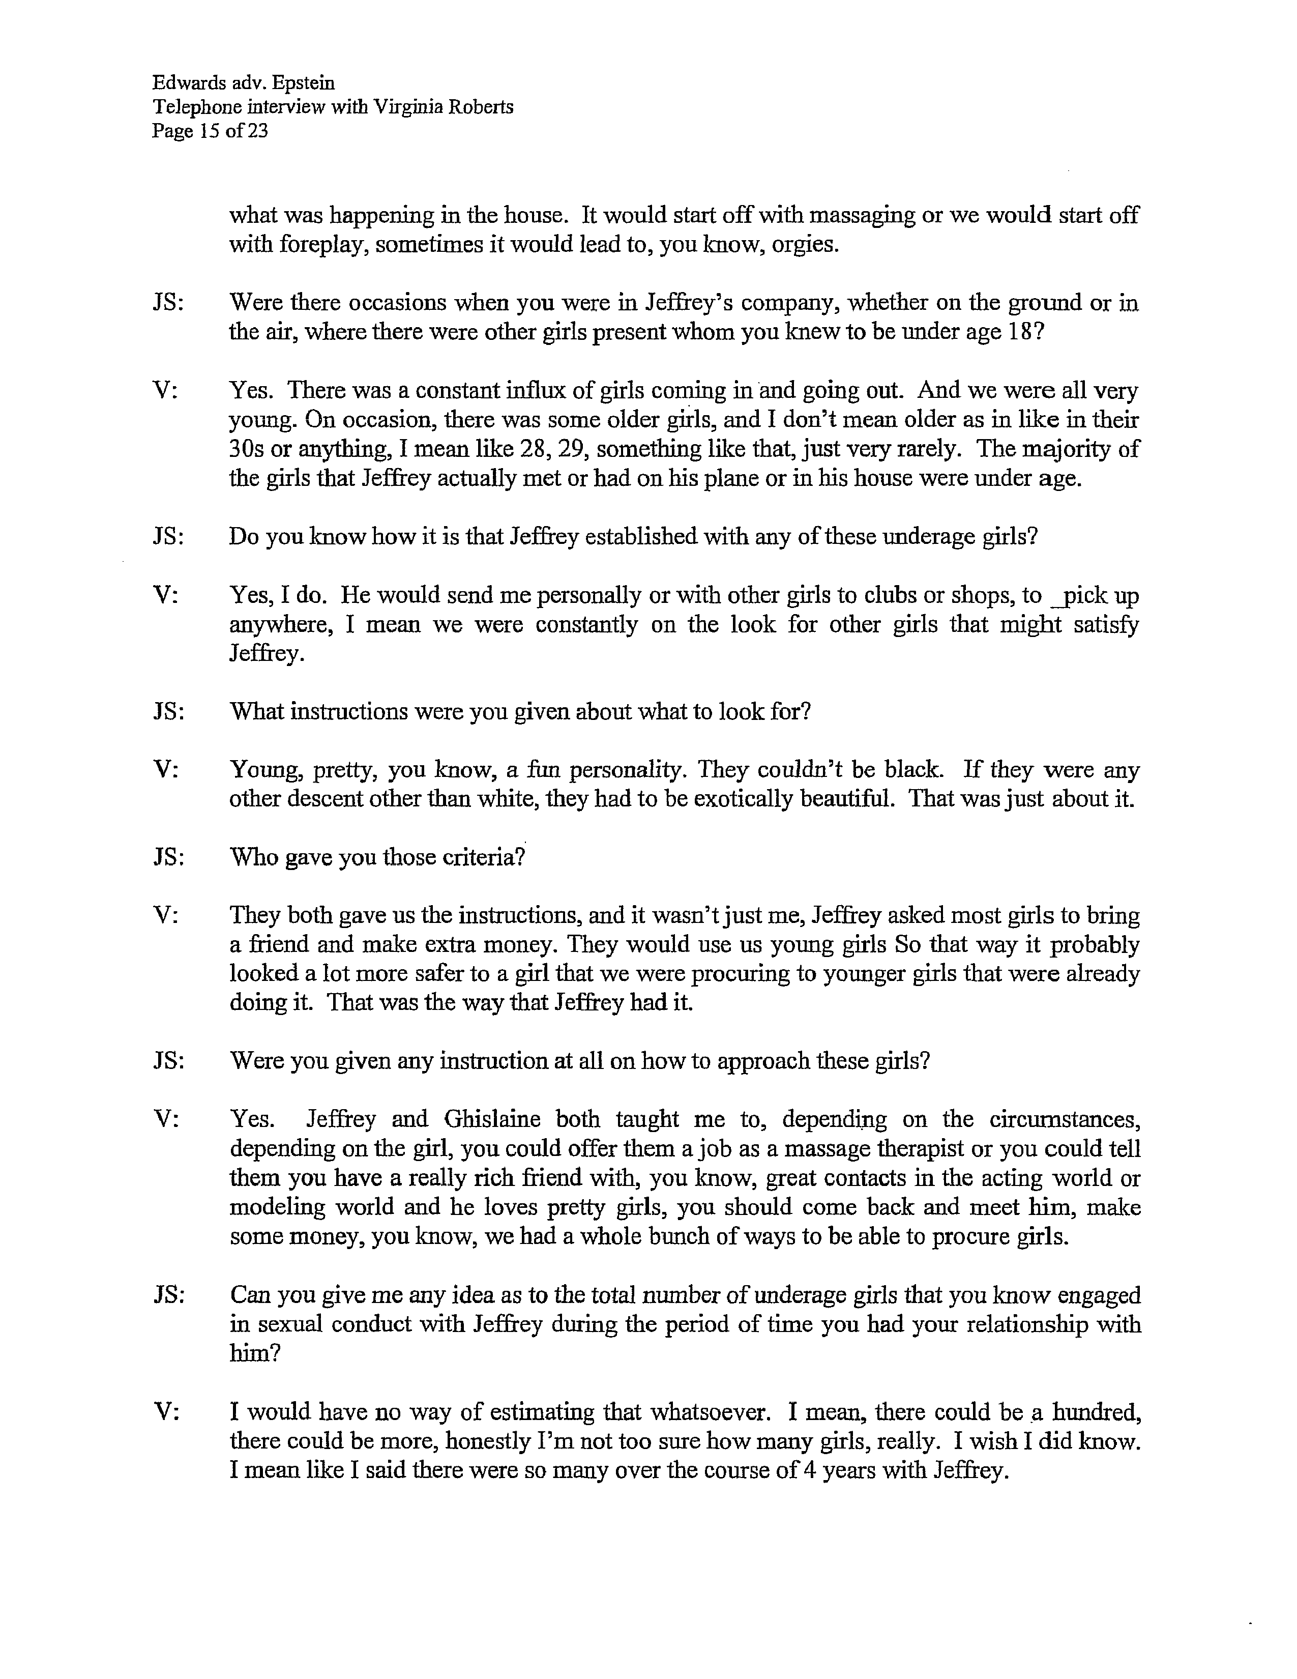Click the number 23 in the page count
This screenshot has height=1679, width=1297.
(x=258, y=131)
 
